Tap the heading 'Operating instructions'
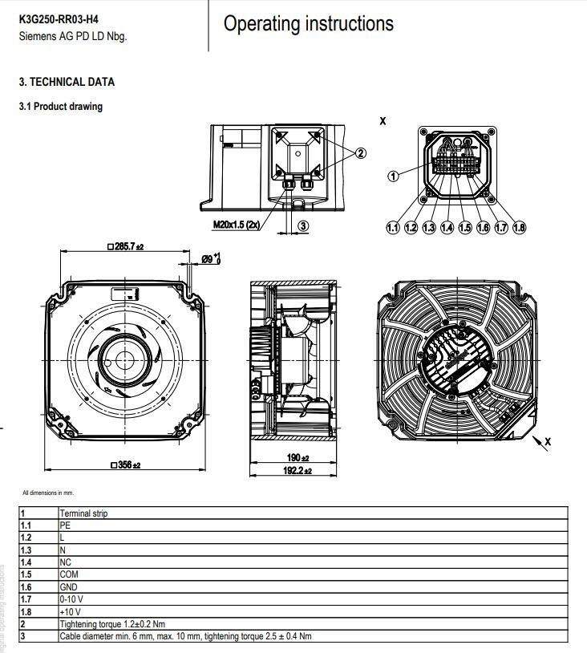(x=308, y=24)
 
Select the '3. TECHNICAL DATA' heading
(x=67, y=82)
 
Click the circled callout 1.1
(x=393, y=228)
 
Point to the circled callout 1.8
(x=519, y=228)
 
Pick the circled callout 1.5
(x=465, y=228)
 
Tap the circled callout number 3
(x=303, y=225)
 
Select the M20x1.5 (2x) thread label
(x=237, y=225)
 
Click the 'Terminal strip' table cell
(x=83, y=513)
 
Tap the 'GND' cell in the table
(x=69, y=587)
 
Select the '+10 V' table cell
(x=71, y=611)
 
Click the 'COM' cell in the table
(x=69, y=574)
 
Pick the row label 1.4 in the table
(x=26, y=562)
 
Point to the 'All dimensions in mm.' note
(x=47, y=493)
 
